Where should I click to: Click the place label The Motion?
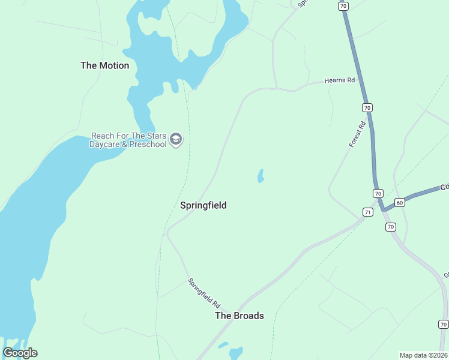[x=104, y=65]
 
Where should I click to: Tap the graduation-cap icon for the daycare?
[x=176, y=140]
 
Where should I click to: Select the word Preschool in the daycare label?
[x=145, y=145]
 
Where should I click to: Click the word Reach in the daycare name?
[x=103, y=136]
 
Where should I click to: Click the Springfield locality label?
[x=203, y=205]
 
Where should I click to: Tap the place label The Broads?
[x=239, y=316]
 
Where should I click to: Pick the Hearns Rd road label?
[x=340, y=80]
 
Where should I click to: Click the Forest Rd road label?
[x=358, y=135]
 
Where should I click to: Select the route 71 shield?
[x=368, y=212]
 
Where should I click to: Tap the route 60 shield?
[x=400, y=203]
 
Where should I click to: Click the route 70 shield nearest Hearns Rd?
[x=367, y=107]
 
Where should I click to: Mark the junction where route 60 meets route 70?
[x=382, y=209]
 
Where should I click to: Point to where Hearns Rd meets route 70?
[x=359, y=78]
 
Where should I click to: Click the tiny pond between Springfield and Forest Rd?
[x=261, y=176]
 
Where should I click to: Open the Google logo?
[x=20, y=353]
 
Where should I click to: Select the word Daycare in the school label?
[x=105, y=145]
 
